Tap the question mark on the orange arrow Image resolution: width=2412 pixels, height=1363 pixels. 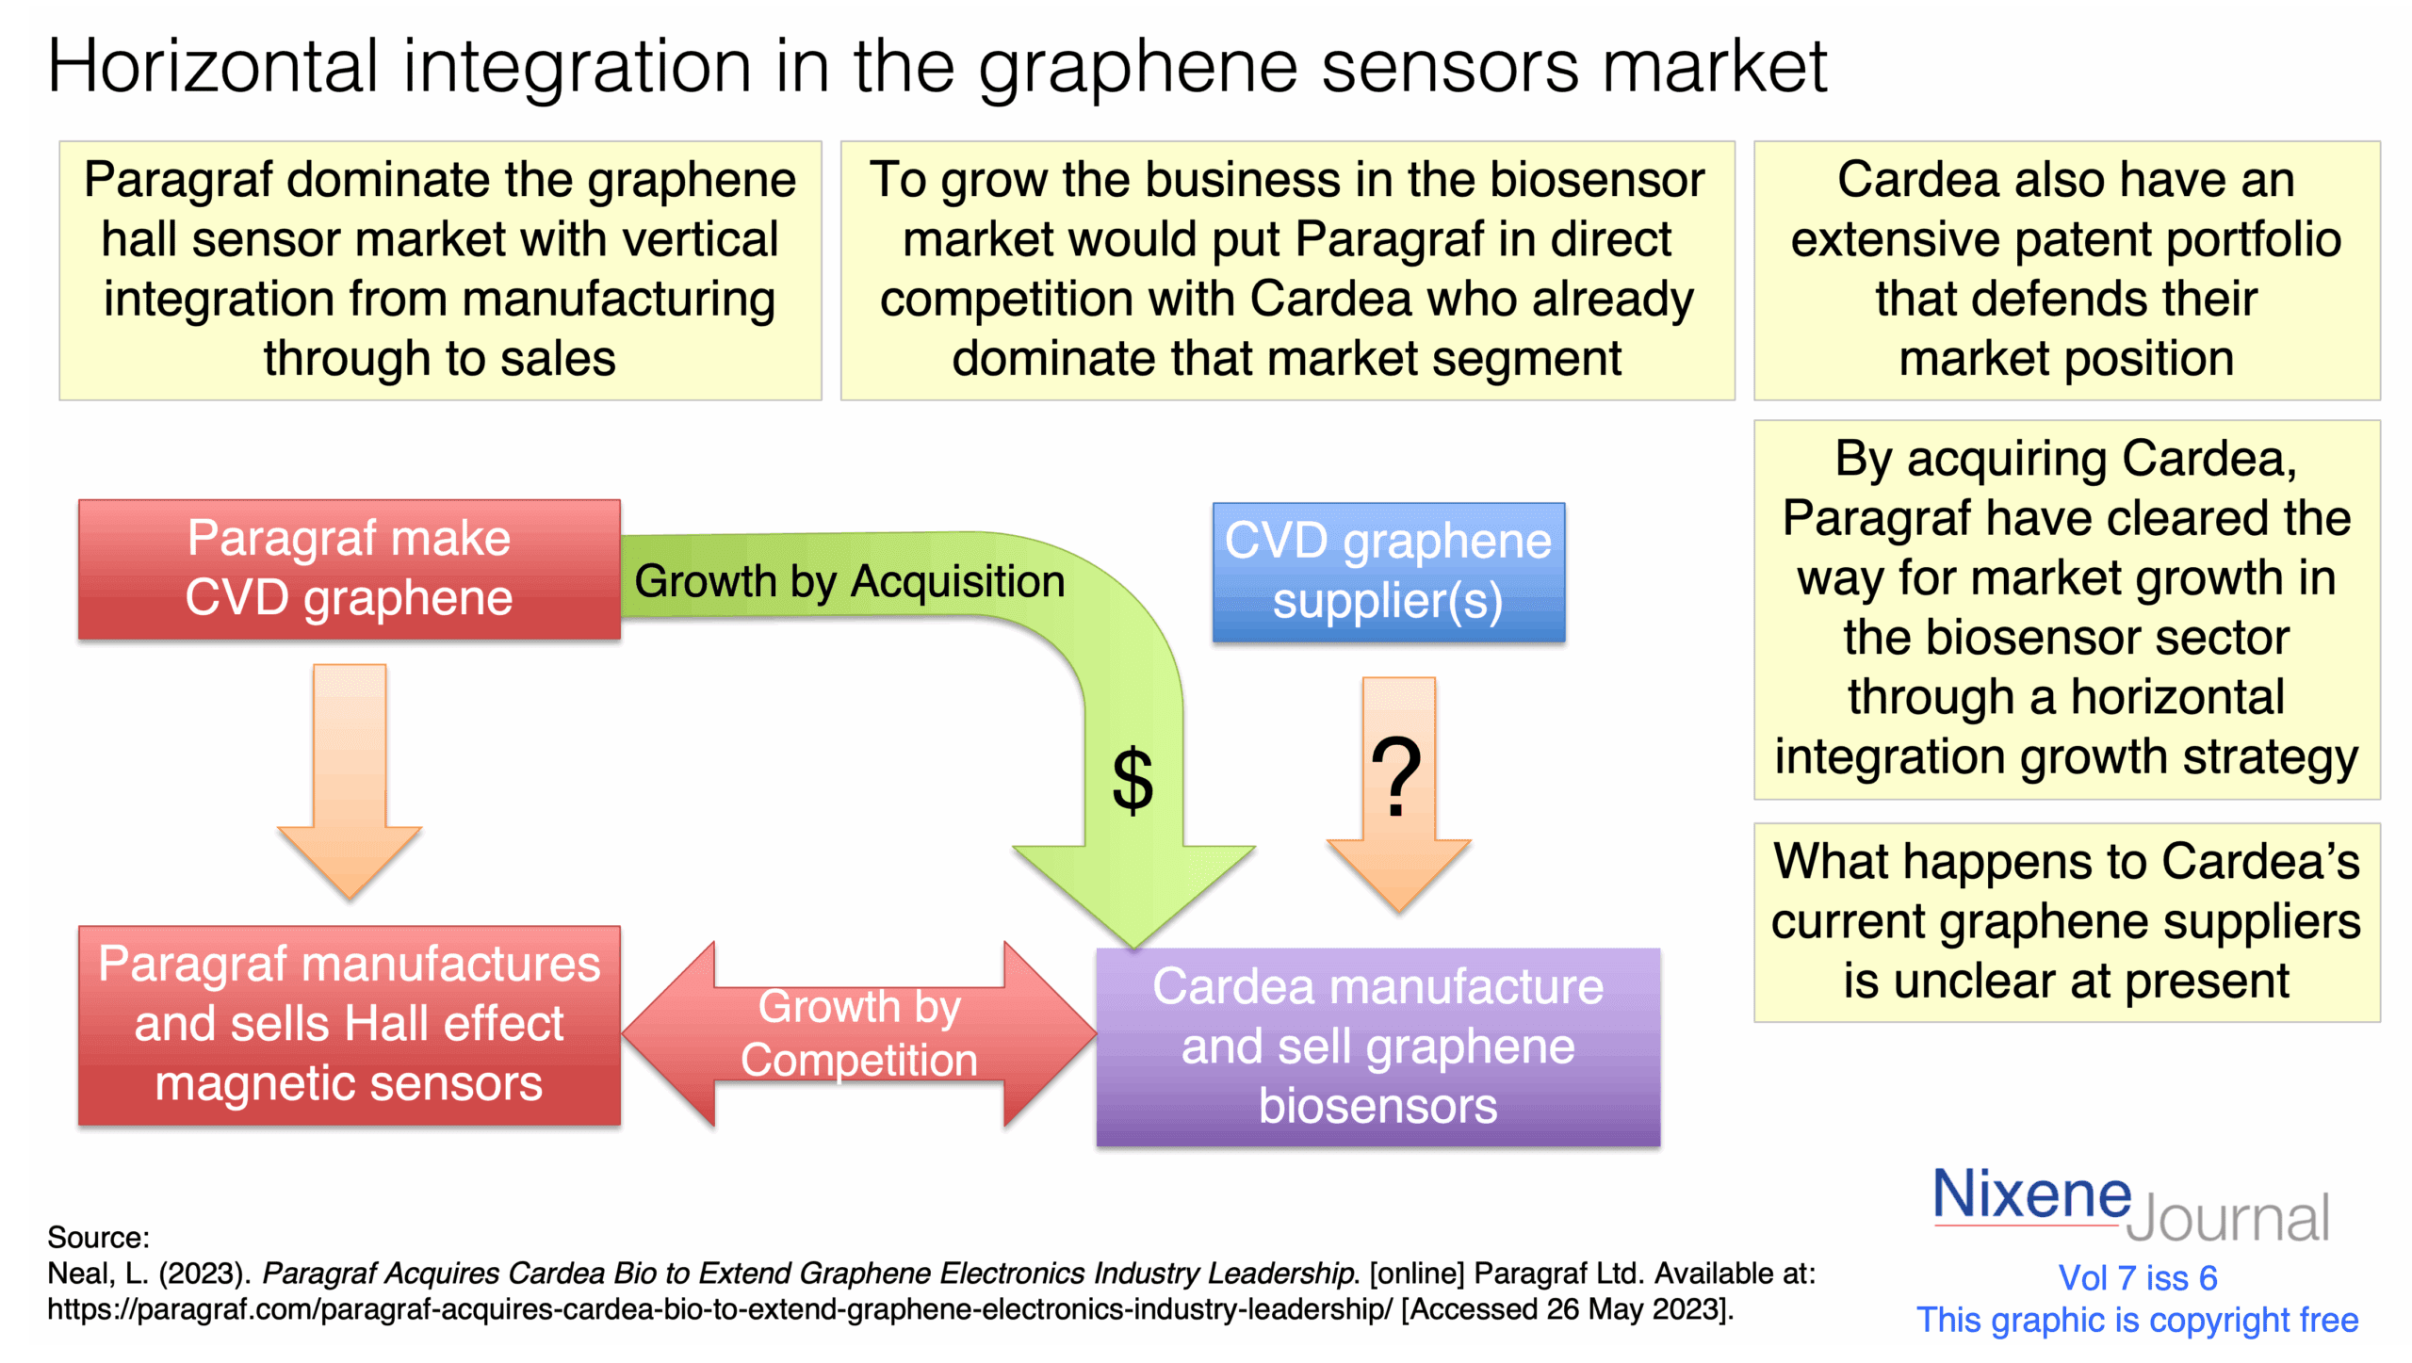(1396, 775)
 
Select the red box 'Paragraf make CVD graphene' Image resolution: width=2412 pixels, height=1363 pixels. (349, 568)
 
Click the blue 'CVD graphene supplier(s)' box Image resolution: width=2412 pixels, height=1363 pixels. (1388, 572)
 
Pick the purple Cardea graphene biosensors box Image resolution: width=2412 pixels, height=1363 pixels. (1377, 1046)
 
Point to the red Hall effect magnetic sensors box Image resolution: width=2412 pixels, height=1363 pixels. (349, 1024)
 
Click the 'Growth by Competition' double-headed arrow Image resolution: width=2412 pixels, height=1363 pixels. (858, 1033)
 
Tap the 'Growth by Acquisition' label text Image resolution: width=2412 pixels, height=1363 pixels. (849, 581)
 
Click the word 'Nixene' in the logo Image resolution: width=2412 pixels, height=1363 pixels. (2030, 1193)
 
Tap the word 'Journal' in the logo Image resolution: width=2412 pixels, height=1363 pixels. (2227, 1218)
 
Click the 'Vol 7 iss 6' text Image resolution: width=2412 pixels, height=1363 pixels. (2137, 1277)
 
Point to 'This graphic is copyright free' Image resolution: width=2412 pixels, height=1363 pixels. (2137, 1320)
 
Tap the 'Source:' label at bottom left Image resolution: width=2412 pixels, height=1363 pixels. (98, 1237)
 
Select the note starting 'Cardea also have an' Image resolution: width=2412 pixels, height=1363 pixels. (2066, 269)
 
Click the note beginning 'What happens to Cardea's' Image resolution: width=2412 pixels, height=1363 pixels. (2066, 921)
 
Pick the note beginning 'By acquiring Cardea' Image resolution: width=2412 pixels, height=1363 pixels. (2066, 608)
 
